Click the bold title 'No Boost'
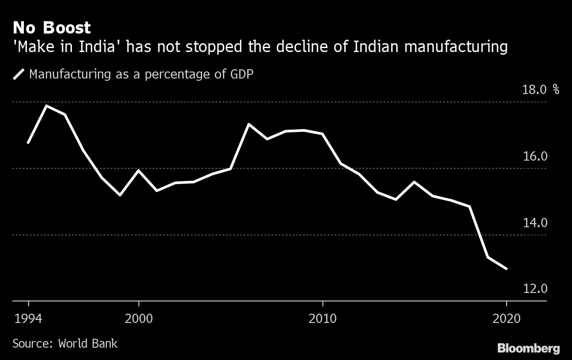click(52, 28)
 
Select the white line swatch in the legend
click(19, 74)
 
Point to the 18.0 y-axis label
click(534, 90)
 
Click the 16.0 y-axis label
click(534, 157)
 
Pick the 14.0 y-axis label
click(534, 223)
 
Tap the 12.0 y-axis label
click(534, 289)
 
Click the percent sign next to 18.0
click(556, 90)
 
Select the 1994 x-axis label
click(28, 319)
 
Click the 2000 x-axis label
click(139, 319)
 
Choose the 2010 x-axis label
click(323, 319)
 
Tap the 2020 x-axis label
click(506, 319)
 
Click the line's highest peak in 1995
click(46, 106)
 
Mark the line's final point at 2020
click(506, 268)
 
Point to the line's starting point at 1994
click(28, 142)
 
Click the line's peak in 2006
click(249, 124)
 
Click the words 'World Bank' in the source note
click(88, 343)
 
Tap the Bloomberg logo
click(528, 348)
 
